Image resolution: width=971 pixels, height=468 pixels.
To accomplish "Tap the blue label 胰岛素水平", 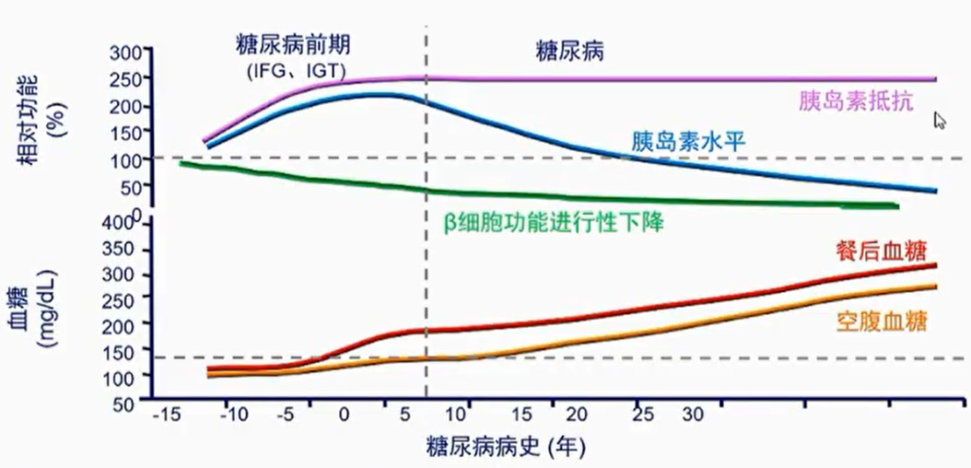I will click(689, 141).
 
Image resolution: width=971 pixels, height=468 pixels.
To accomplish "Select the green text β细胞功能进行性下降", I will click(554, 222).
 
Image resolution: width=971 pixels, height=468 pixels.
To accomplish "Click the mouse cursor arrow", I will click(940, 119).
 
